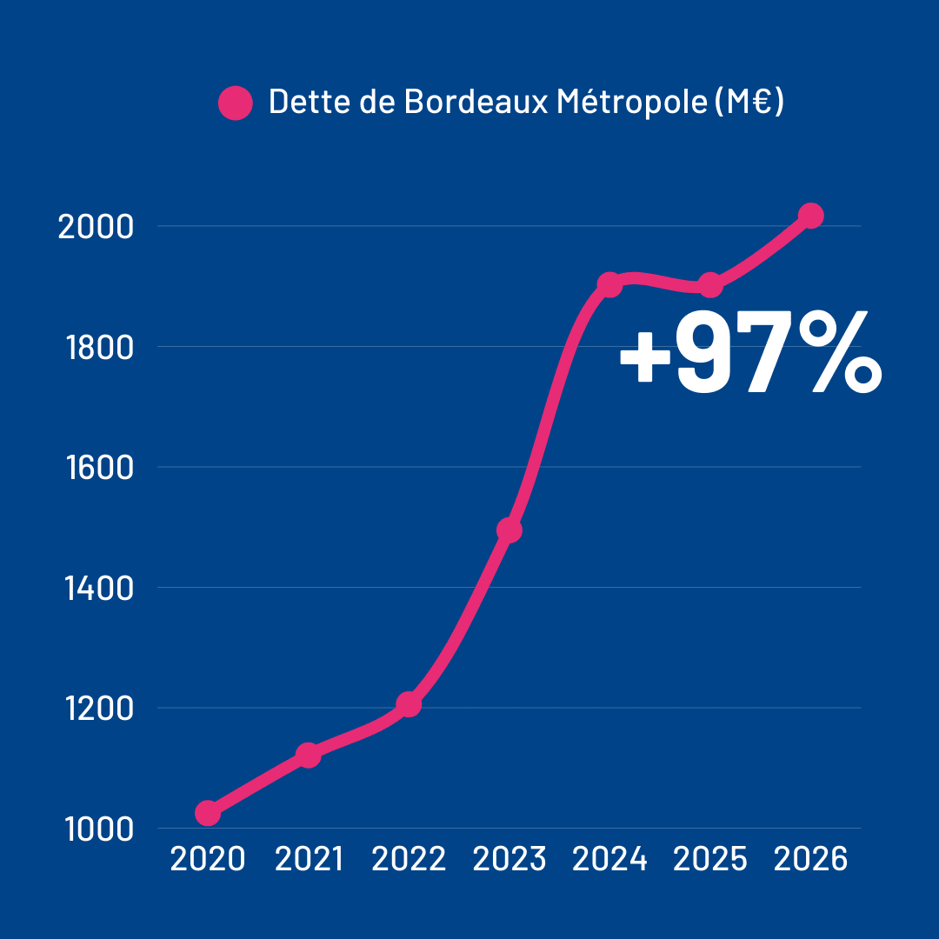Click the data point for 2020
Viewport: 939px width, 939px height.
pos(208,813)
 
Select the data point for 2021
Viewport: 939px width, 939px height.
pos(308,755)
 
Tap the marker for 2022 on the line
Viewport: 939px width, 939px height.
pos(409,703)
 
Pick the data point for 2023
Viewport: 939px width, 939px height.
pos(509,529)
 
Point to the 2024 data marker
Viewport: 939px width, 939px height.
pos(609,284)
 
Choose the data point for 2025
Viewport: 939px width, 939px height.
pos(710,284)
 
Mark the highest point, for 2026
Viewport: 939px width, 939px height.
pos(810,216)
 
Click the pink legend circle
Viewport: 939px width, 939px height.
pos(235,103)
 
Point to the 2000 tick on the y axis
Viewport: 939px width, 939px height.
pos(95,227)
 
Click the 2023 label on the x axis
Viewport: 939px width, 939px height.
pos(509,860)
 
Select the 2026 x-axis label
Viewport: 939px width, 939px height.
pos(810,860)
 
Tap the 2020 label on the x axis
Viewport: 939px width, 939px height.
pos(208,860)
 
